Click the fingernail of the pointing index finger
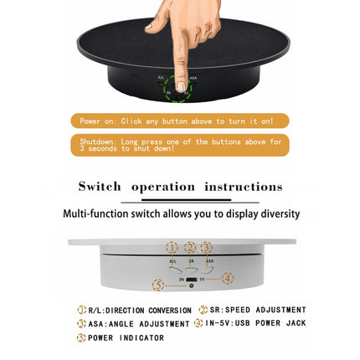pos(181,85)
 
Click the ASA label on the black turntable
pos(193,79)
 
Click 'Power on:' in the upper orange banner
pos(99,121)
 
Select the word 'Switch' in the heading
pos(100,187)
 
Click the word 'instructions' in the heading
pos(244,187)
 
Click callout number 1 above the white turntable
pos(172,247)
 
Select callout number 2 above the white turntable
pos(190,247)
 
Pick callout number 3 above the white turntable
pos(207,247)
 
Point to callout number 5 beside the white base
pos(158,285)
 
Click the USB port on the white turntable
pos(191,279)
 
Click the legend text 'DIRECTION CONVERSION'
pos(148,311)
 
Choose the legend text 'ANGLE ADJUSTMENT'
pos(148,324)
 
